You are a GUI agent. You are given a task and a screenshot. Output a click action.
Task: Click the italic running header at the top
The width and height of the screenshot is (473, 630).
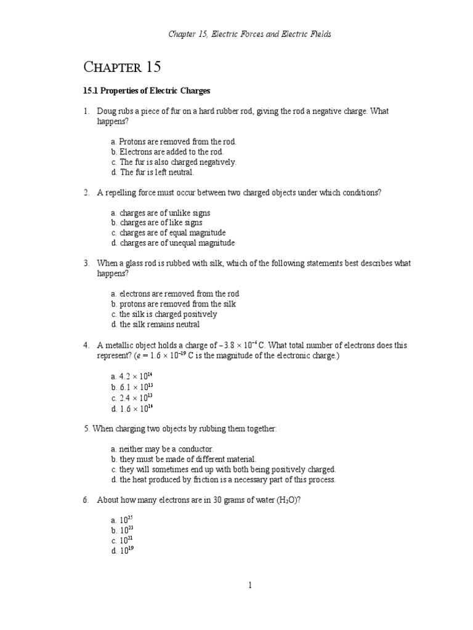249,34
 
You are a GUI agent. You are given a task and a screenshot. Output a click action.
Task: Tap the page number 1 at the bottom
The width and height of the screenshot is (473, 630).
250,586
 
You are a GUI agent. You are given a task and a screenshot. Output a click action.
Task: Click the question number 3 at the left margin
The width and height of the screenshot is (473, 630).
87,263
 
